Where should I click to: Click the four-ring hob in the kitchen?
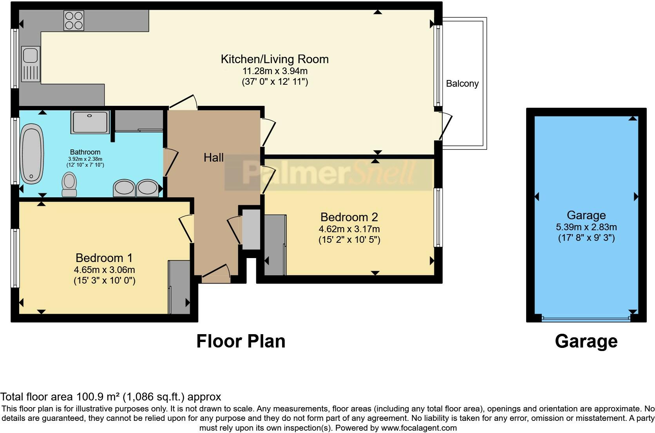74,20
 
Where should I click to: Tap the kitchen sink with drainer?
31,64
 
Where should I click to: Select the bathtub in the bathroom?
32,154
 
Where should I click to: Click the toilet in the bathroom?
70,185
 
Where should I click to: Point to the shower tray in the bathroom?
90,122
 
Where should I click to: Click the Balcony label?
462,84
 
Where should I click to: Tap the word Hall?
214,158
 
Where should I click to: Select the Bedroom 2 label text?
349,217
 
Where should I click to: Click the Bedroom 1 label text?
104,258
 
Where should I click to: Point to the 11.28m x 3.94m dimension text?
275,71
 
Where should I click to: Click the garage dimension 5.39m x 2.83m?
586,227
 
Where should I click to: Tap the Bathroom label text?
85,152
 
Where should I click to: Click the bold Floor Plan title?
241,341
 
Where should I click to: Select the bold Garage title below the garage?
586,341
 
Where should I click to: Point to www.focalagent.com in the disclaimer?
418,428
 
